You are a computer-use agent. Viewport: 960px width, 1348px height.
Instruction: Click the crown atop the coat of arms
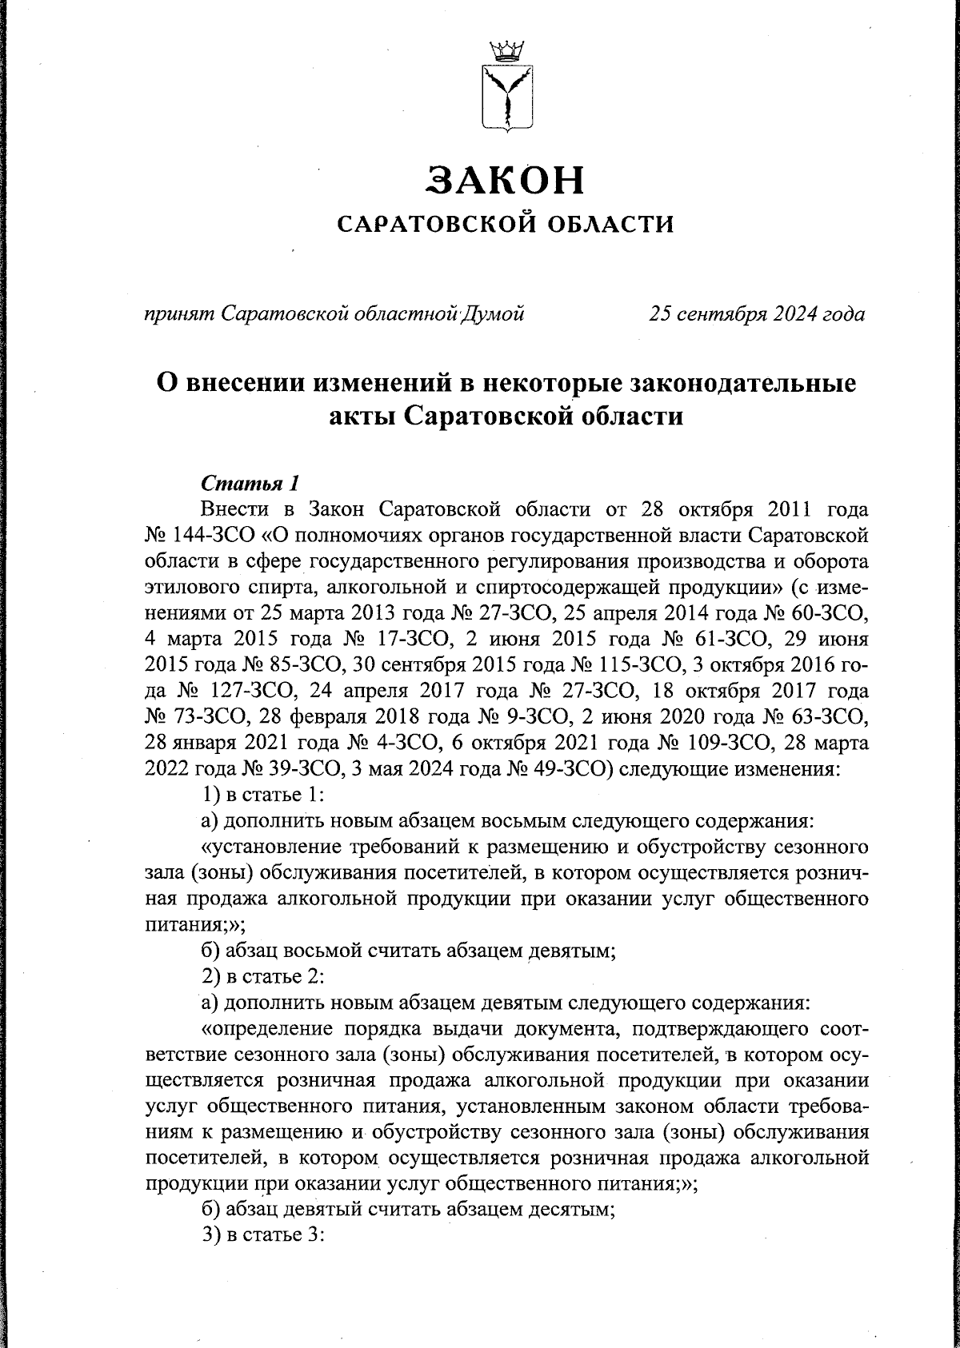505,52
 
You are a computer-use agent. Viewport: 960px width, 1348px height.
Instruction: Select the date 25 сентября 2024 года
757,313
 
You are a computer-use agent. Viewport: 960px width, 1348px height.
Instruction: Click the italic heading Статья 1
250,484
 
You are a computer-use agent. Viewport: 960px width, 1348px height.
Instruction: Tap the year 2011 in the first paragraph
778,509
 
